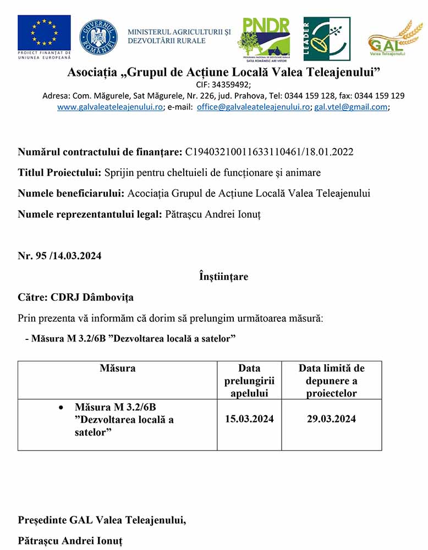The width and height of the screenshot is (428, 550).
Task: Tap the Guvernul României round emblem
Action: tap(98, 37)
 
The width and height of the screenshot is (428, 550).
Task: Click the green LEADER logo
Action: tap(327, 38)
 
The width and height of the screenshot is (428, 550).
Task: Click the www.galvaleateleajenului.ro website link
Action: tap(110, 107)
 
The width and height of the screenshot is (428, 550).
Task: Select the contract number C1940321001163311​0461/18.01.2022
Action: tap(269, 151)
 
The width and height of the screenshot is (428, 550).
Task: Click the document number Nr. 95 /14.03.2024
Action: tap(59, 256)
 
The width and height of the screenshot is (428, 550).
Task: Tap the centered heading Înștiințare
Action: tap(223, 277)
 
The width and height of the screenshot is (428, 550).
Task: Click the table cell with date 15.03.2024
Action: tap(249, 419)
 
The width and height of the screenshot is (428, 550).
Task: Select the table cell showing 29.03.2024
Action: tap(331, 419)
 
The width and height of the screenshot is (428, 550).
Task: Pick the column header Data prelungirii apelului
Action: tap(249, 381)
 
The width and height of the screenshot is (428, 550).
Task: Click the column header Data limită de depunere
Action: tap(331, 381)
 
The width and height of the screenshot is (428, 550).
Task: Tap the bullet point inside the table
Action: tap(61, 408)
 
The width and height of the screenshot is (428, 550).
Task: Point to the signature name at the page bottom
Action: tap(70, 541)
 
